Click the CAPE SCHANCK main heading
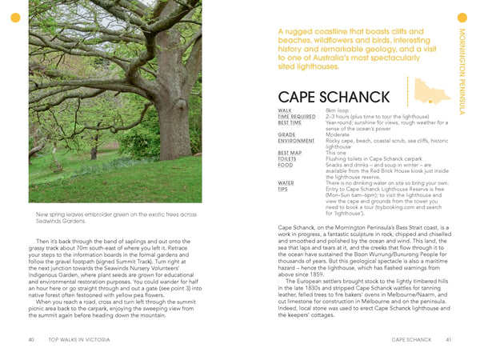point(328,98)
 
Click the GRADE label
point(286,134)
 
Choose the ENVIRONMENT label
point(296,140)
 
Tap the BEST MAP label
point(290,152)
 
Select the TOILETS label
point(288,158)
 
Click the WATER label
point(286,182)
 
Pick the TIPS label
point(282,189)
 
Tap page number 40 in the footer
point(30,340)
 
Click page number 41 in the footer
point(450,340)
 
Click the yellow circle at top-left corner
point(14,18)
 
